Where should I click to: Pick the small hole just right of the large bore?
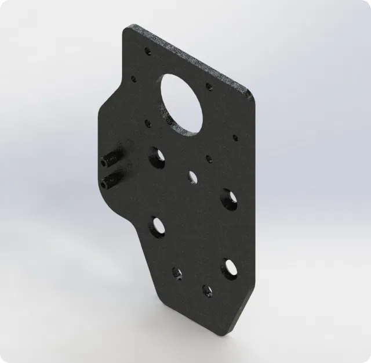209,87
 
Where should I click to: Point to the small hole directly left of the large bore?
134,77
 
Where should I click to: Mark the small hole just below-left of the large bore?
147,123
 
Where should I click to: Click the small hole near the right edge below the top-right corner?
235,138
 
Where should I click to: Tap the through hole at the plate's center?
191,175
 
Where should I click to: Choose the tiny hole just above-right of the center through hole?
209,159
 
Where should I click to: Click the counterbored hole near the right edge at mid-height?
228,197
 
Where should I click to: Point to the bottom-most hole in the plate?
206,290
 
